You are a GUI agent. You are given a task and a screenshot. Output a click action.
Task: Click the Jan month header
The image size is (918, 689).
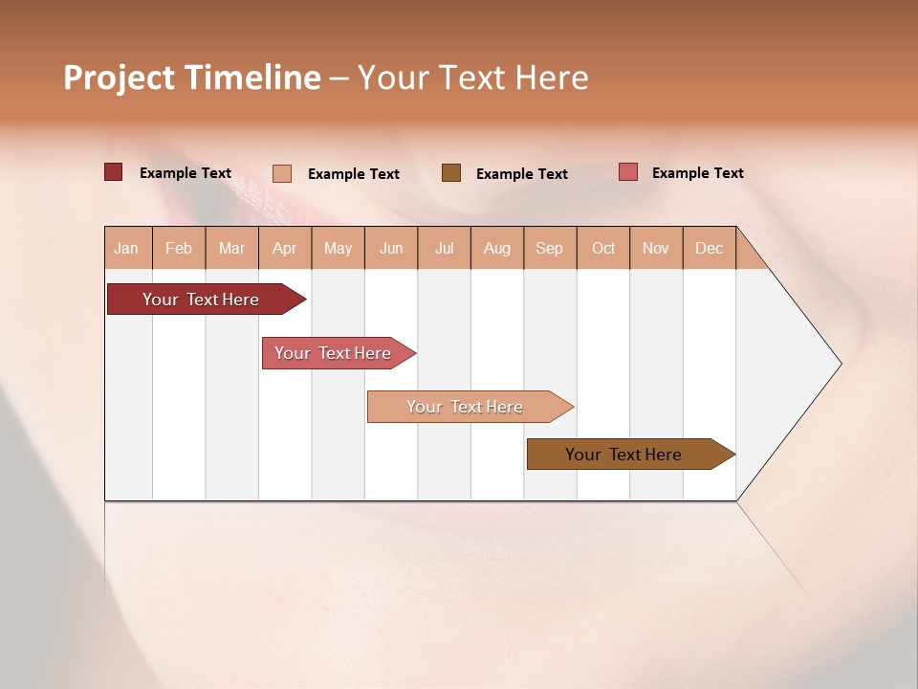127,248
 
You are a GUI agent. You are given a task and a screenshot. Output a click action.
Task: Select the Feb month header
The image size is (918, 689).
179,248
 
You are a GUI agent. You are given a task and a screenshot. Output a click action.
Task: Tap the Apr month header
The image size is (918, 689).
285,248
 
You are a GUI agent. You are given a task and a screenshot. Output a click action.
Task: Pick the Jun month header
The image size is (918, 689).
391,248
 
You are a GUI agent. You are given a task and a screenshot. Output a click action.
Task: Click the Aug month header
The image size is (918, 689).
497,248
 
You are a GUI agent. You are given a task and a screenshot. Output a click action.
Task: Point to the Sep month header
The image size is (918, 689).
550,248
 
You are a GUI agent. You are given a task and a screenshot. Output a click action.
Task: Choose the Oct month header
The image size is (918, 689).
603,248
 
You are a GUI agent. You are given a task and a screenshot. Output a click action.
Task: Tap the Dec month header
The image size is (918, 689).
710,248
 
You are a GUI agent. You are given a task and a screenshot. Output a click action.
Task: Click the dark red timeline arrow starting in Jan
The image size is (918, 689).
202,300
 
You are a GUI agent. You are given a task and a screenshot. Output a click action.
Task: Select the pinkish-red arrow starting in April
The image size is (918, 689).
334,353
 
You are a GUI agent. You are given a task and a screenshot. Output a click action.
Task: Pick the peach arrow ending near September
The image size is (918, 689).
466,407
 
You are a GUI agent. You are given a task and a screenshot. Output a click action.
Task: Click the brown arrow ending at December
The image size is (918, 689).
624,455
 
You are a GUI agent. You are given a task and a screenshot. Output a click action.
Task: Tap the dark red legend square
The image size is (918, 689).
114,172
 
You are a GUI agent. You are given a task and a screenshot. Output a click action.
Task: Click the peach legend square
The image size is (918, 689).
282,173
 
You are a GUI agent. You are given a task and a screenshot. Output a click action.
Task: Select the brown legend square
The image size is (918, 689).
451,173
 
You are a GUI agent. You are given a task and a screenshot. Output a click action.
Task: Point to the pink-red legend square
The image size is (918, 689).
628,172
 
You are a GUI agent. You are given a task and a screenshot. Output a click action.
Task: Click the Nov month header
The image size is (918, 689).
656,248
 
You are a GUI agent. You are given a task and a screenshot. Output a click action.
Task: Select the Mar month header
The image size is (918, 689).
231,248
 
